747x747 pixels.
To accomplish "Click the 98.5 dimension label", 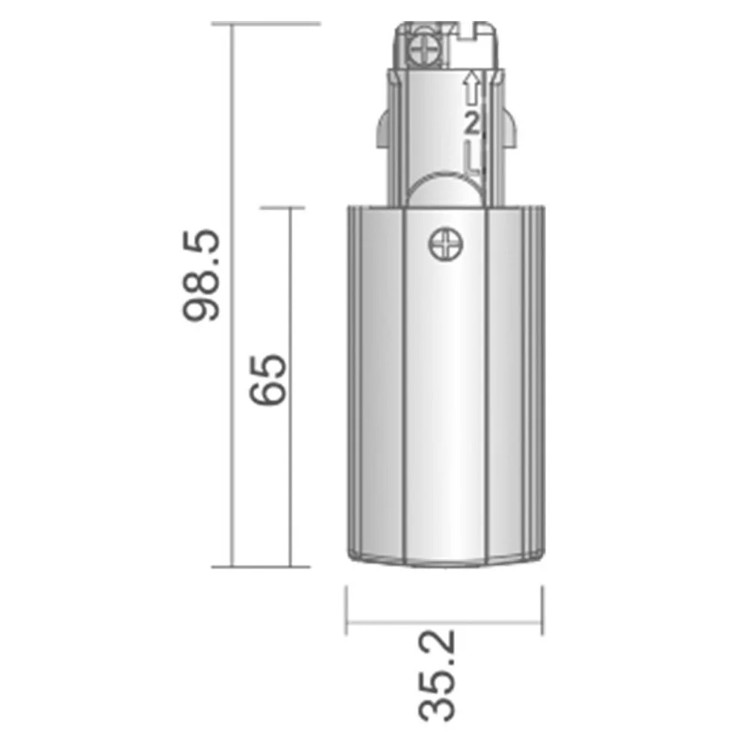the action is [201, 276].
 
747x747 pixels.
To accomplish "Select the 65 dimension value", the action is [267, 379].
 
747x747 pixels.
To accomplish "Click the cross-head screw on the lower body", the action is [446, 245].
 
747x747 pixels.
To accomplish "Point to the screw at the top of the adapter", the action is [425, 49].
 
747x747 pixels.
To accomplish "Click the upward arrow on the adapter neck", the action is [471, 88].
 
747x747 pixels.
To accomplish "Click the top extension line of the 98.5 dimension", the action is [267, 23].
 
